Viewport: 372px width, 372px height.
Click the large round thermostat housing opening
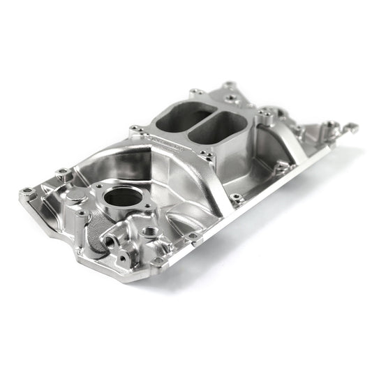tap(123, 198)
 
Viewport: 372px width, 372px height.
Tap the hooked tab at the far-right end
tap(350, 128)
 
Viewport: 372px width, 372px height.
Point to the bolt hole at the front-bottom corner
tap(159, 260)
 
